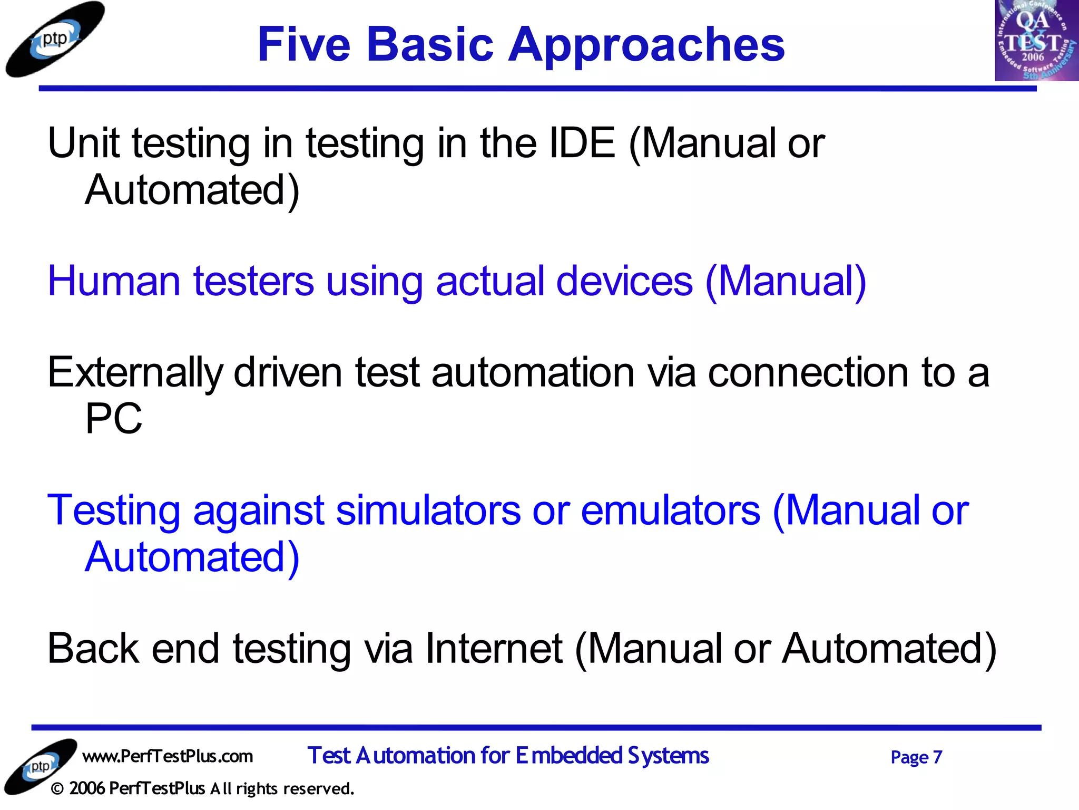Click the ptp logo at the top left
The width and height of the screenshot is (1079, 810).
click(55, 40)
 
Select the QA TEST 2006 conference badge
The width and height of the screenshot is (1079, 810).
click(1036, 41)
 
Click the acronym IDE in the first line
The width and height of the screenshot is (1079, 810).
click(582, 143)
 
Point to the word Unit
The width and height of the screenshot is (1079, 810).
click(83, 143)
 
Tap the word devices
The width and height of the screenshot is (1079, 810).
click(624, 281)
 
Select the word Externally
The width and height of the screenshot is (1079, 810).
click(135, 373)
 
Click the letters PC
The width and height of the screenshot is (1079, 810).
click(114, 419)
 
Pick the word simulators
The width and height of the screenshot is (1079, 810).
click(428, 510)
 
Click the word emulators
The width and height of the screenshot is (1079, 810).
click(670, 510)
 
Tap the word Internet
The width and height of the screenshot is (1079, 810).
click(494, 649)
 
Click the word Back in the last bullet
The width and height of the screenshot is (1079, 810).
click(93, 649)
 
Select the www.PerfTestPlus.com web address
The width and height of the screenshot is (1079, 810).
click(168, 756)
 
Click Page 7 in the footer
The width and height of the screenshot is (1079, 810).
click(916, 757)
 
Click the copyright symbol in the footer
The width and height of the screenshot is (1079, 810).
click(58, 789)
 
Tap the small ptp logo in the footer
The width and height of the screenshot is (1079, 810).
click(41, 766)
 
